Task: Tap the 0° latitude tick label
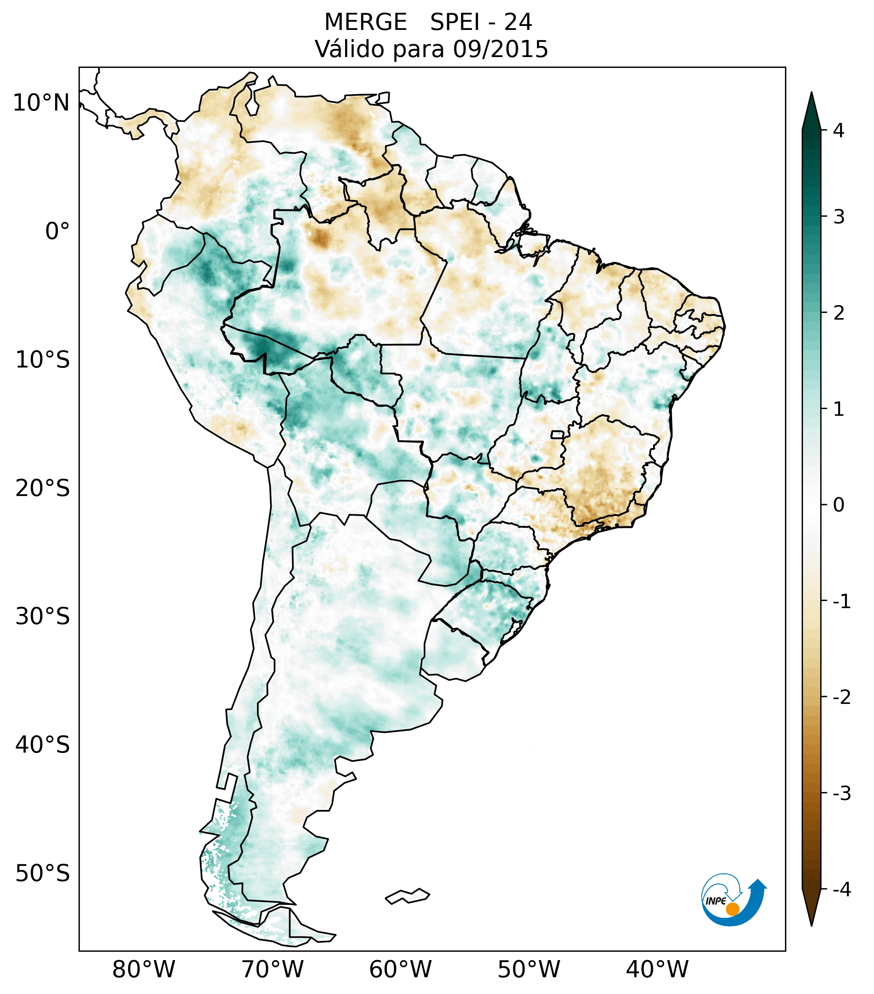pos(57,231)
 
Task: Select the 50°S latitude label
pos(43,873)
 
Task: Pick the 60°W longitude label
pos(400,969)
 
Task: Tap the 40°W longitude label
pos(657,969)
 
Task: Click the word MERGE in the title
pos(365,22)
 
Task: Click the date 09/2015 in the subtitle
pos(500,49)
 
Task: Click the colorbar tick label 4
pos(838,130)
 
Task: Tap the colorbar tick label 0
pos(838,505)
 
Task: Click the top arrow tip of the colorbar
pos(811,94)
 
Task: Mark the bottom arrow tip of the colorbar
pos(811,925)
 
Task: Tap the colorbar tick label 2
pos(838,313)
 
